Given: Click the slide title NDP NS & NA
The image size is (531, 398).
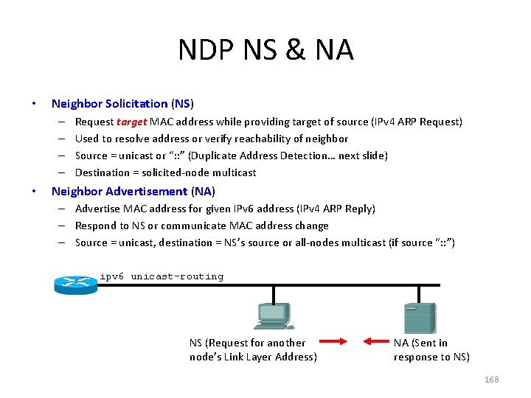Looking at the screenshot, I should pos(265,50).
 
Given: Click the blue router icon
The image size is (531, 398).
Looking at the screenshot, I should pos(75,284).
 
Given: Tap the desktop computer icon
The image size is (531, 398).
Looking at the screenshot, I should pos(274,317).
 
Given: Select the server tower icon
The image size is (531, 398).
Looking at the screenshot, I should pos(420,318).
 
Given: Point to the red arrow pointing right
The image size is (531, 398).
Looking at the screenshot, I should pos(335,341).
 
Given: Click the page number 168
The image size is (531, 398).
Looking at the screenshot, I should pos(491,380).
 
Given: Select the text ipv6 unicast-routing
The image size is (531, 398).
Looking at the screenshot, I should pos(162,277).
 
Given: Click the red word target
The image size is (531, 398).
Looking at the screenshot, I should pos(132,122).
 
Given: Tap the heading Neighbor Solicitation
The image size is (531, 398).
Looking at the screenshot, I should pos(109,104).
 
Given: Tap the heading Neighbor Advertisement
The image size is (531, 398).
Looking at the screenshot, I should pos(119,192).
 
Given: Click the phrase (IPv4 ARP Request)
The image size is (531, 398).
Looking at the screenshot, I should pos(418,122).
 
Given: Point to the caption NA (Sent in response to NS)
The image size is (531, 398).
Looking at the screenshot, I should pos(431,349).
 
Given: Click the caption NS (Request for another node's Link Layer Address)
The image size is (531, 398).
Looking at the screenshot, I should pos(252,349).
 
